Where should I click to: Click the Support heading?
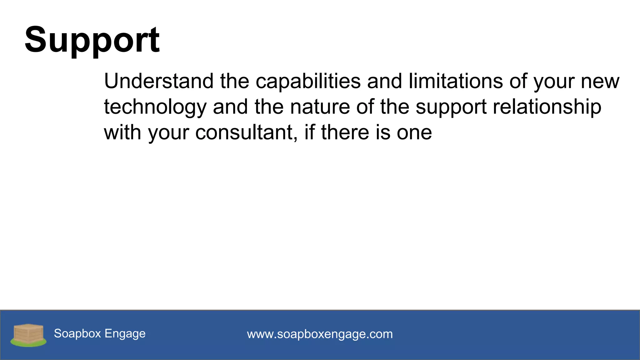click(x=92, y=40)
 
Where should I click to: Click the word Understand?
click(x=159, y=81)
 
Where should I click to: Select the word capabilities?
click(x=308, y=81)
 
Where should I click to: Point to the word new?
click(x=600, y=82)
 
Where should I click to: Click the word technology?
click(x=155, y=107)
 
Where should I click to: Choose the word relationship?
click(x=547, y=107)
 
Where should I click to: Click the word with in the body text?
click(x=122, y=132)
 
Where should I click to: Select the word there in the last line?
click(x=345, y=132)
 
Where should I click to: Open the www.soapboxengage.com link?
click(x=320, y=334)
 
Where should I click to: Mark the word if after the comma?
click(x=309, y=132)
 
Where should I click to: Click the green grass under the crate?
click(x=28, y=344)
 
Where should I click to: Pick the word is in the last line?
click(x=383, y=132)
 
